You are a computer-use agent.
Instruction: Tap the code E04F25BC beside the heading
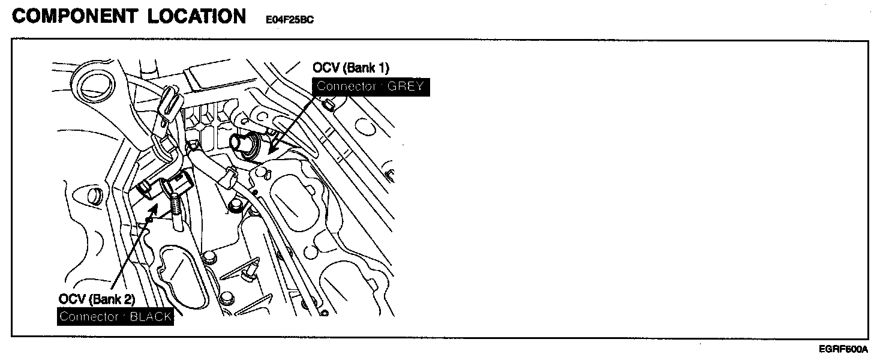290,19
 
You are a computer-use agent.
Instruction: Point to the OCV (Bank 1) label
351,67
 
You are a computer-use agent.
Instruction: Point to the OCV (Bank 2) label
97,299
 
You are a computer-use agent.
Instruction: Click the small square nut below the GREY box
328,106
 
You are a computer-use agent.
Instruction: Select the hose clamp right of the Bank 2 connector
227,178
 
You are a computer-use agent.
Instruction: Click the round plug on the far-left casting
93,196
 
